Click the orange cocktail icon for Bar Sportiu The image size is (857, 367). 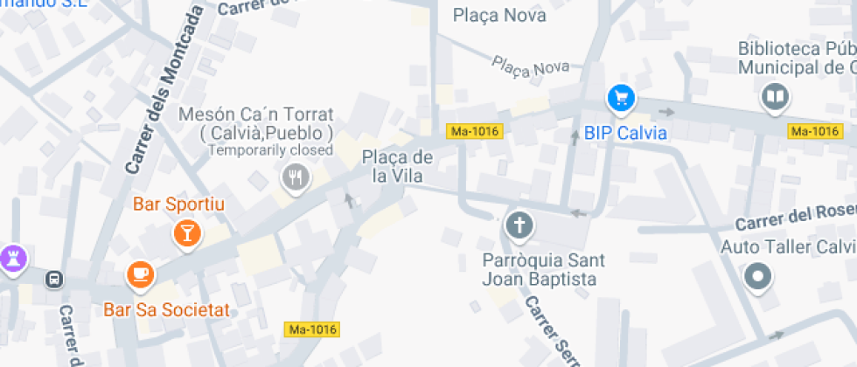click(x=186, y=232)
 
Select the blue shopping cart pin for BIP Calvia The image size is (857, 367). click(x=621, y=98)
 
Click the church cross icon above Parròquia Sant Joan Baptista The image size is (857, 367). click(x=519, y=226)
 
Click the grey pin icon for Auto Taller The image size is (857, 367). click(x=757, y=278)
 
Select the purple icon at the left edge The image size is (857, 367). click(x=13, y=257)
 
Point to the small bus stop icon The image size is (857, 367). click(x=54, y=280)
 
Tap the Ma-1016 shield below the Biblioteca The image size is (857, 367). click(x=814, y=132)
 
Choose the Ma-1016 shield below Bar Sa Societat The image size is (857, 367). click(x=312, y=329)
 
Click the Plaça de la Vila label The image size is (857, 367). click(x=398, y=167)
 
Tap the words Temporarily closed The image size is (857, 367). click(x=270, y=150)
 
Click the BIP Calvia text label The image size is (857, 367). click(x=625, y=134)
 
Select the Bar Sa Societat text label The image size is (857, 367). click(x=166, y=309)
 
